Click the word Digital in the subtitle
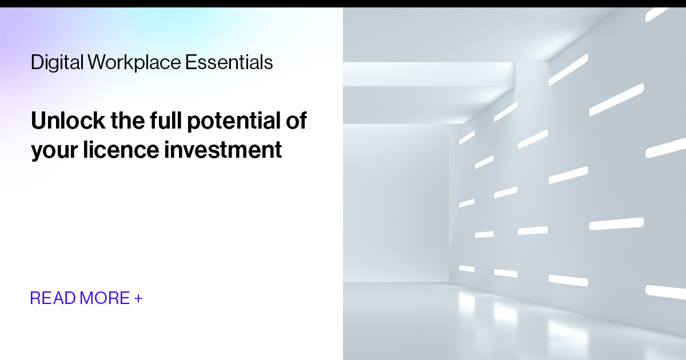click(57, 62)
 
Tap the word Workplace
click(134, 62)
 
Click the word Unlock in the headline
click(68, 122)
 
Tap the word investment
click(224, 150)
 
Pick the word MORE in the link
click(105, 298)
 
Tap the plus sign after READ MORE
click(138, 298)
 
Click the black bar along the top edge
click(343, 3)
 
